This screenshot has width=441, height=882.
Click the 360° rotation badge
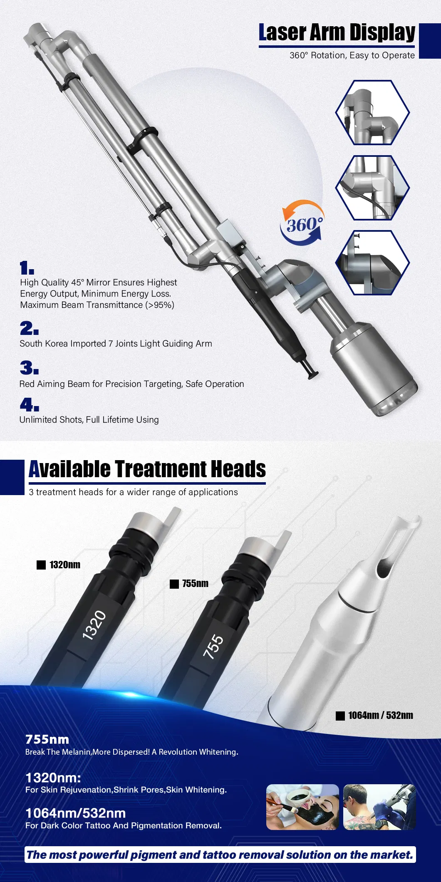(x=302, y=223)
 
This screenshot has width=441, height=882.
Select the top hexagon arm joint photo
(x=373, y=113)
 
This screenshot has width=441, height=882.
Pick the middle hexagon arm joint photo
(x=373, y=188)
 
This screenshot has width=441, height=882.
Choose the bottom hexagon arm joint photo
(x=373, y=263)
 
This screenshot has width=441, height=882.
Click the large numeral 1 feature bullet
(x=27, y=268)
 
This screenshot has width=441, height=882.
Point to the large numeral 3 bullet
(x=29, y=368)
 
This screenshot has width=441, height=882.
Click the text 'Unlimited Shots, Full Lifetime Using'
(x=89, y=420)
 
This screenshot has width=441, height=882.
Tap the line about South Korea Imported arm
(x=116, y=344)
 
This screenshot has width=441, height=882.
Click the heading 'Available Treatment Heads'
(x=147, y=469)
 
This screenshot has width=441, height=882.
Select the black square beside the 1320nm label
(x=41, y=565)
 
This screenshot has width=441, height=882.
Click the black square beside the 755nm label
(x=174, y=584)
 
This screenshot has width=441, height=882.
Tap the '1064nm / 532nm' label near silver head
(x=381, y=715)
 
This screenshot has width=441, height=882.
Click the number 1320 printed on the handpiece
(x=94, y=625)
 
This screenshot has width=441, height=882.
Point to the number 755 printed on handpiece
(x=213, y=647)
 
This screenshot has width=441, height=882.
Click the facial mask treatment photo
(x=302, y=807)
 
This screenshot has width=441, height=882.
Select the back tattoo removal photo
(x=379, y=807)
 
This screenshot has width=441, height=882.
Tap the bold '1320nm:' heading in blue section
(x=53, y=778)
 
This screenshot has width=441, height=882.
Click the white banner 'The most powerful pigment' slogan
(x=220, y=855)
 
